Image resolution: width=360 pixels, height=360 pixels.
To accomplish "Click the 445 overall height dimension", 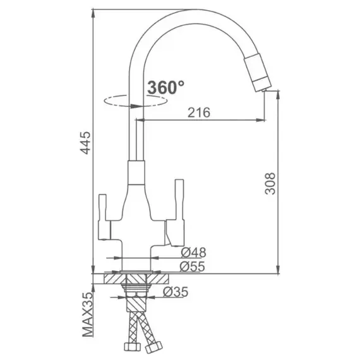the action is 87,143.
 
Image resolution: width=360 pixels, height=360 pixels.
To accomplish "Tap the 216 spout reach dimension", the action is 199,112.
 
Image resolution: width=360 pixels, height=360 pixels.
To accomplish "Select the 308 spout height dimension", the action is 270,183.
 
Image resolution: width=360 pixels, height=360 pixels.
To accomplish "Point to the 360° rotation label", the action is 165,87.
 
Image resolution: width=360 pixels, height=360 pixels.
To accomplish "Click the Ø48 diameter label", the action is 193,253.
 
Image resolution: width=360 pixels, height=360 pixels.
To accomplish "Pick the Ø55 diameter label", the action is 192,267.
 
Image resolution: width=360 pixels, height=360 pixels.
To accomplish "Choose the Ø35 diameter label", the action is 176,292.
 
